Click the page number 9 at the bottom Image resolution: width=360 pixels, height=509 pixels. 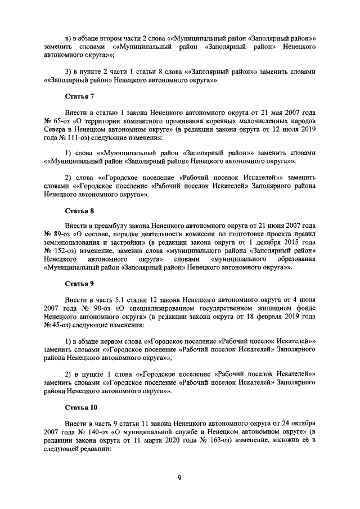[179, 479]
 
